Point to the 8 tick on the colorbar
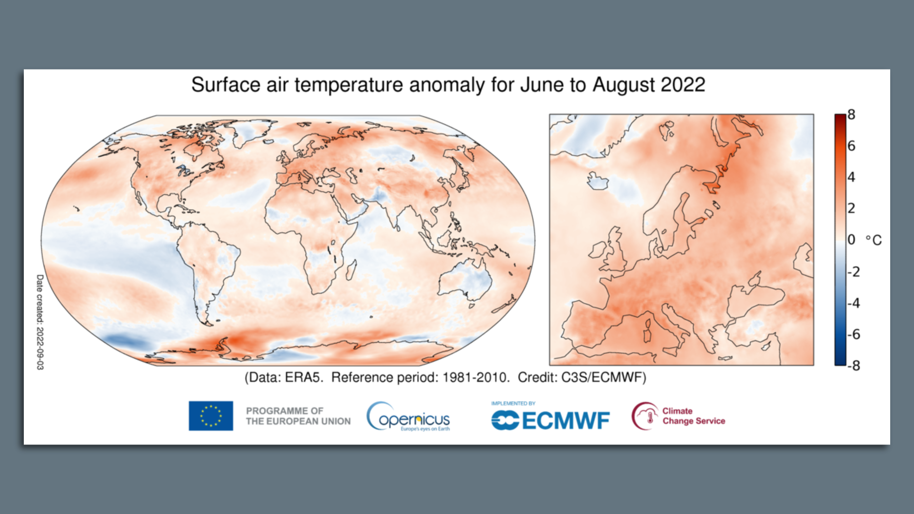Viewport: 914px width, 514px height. click(851, 115)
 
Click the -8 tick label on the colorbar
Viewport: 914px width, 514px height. click(854, 366)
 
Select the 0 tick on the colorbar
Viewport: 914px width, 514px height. click(851, 240)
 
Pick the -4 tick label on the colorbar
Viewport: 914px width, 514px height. click(854, 303)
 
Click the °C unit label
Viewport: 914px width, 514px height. click(874, 240)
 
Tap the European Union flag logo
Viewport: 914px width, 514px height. click(211, 416)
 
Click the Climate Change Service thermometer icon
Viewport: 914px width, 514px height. click(645, 416)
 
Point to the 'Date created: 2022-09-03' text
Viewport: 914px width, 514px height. click(40, 322)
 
